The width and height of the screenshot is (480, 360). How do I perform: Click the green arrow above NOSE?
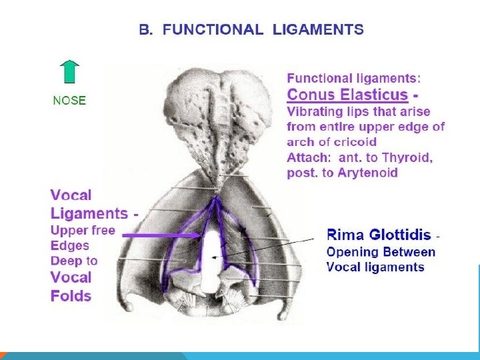pyautogui.click(x=69, y=74)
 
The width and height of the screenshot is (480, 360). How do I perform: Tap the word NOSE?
pyautogui.click(x=69, y=101)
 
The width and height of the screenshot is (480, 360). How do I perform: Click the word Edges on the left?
pyautogui.click(x=69, y=245)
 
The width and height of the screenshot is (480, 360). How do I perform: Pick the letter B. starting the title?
pyautogui.click(x=145, y=29)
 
